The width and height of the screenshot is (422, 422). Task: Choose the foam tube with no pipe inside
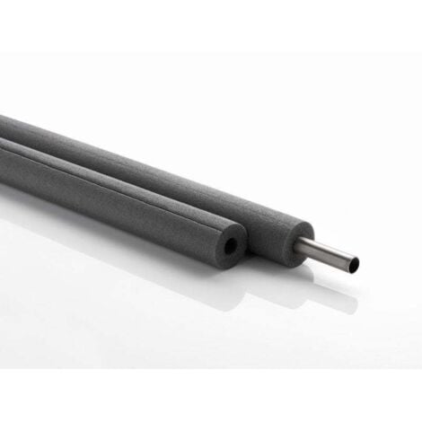tap(117, 192)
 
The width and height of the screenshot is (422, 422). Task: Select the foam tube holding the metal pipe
tap(180, 171)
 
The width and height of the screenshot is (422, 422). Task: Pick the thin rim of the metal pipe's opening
tap(362, 264)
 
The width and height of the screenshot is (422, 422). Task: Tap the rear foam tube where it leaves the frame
tap(4, 121)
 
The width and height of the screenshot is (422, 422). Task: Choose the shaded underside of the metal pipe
tap(328, 260)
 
